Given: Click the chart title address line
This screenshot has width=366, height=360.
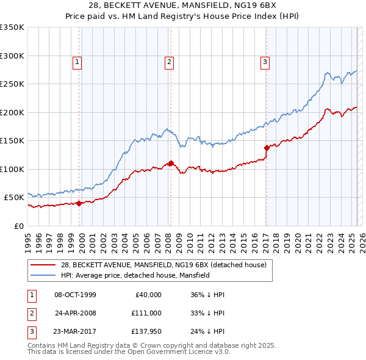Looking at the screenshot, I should (183, 5).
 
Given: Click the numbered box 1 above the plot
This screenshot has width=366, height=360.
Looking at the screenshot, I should (78, 61).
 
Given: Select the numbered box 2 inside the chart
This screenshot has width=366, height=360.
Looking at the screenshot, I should (169, 61).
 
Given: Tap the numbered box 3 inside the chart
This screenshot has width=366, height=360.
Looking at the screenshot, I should (265, 61).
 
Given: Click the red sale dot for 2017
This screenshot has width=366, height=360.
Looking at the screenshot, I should (267, 148).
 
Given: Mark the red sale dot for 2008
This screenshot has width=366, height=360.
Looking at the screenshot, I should (171, 163).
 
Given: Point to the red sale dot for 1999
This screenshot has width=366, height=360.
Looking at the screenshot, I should (79, 204).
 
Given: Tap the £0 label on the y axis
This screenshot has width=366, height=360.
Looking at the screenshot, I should (18, 226).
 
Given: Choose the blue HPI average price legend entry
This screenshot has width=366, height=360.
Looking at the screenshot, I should (135, 275).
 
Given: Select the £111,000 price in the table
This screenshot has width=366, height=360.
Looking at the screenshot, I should (146, 313).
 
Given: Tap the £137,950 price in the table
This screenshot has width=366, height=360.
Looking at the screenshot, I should (146, 331).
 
